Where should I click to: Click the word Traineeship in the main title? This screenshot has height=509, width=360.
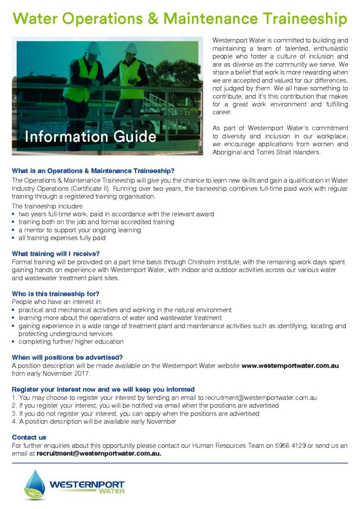click(x=296, y=19)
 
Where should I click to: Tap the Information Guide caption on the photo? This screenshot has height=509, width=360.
click(x=91, y=136)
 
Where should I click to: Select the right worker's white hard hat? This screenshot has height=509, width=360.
click(x=131, y=47)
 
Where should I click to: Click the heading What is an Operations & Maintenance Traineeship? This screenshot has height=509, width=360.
click(x=93, y=170)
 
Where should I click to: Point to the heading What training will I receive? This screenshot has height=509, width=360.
click(x=56, y=254)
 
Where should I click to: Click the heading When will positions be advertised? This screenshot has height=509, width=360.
click(x=67, y=357)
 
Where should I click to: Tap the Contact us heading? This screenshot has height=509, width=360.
click(x=29, y=437)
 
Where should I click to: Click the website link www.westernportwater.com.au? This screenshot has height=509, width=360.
click(x=290, y=366)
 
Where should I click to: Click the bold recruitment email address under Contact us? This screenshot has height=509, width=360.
click(x=99, y=453)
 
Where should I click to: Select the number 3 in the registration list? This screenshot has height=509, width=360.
click(x=13, y=414)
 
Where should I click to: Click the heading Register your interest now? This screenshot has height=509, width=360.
click(x=103, y=389)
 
